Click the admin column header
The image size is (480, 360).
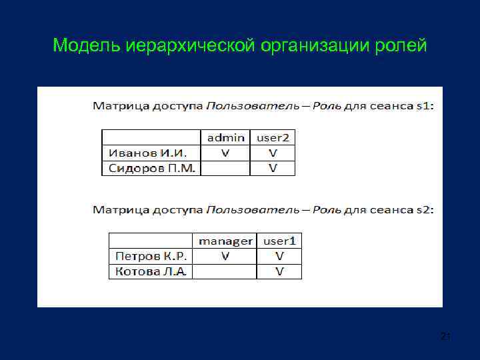pos(225,137)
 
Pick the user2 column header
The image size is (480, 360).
pos(273,137)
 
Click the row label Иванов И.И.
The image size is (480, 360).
pos(147,153)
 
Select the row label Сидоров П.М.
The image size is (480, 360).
pos(151,168)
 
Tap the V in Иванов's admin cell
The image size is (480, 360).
pos(225,153)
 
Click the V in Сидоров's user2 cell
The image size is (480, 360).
pos(273,168)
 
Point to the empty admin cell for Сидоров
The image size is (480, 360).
pos(225,168)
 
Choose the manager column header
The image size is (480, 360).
pos(225,241)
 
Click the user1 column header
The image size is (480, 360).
pos(279,241)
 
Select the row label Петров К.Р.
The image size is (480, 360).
pos(152,256)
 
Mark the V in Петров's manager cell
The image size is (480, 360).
pos(225,256)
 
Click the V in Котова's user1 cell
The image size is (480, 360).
pos(279,271)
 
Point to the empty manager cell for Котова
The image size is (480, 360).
pos(225,271)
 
